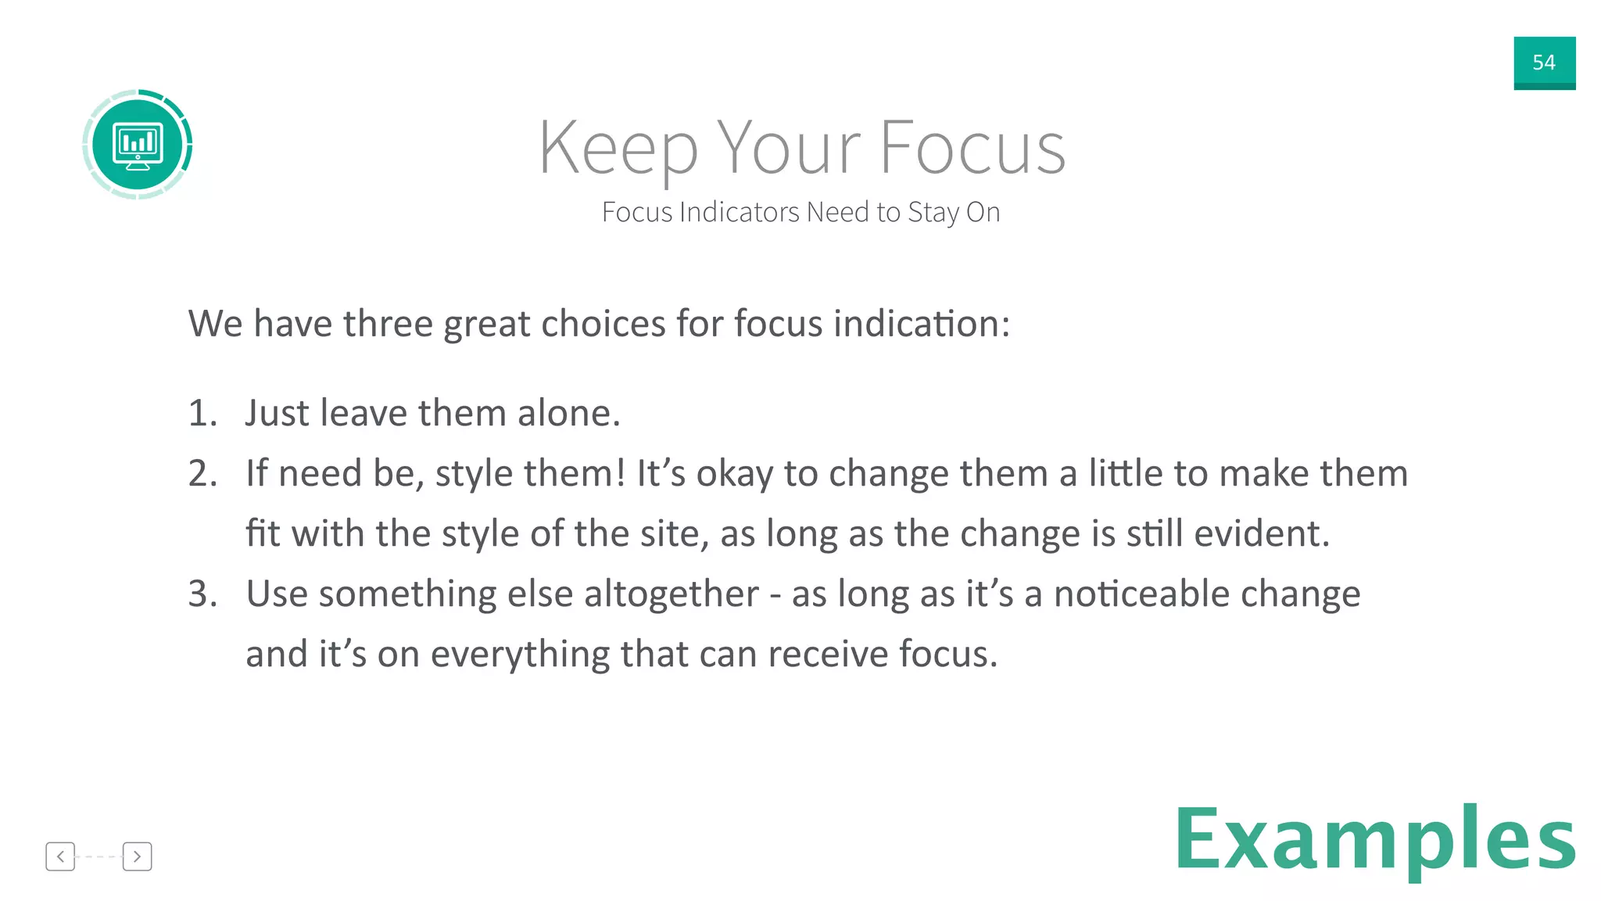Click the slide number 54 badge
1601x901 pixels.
(x=1544, y=63)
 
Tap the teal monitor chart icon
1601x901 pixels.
(x=138, y=145)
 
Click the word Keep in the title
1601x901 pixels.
(x=617, y=149)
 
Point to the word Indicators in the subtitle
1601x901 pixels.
(x=739, y=212)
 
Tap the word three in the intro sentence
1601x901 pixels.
(x=388, y=324)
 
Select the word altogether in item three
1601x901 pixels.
(x=671, y=594)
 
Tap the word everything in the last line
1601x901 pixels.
(x=519, y=655)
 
